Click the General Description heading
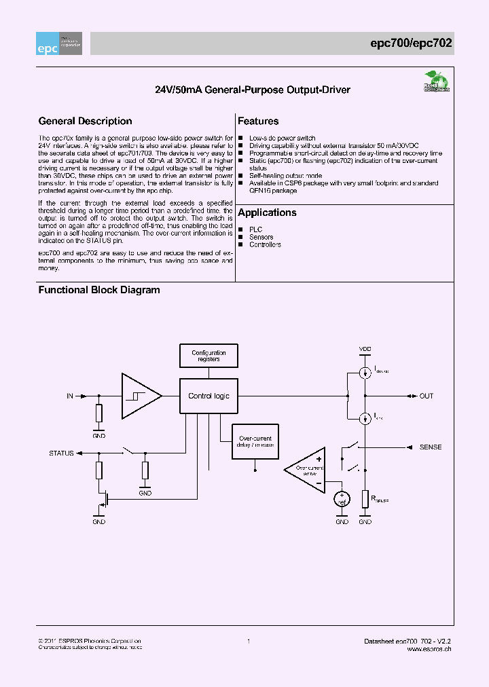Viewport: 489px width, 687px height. (85, 122)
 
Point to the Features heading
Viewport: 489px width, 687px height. (258, 122)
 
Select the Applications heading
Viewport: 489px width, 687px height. (267, 212)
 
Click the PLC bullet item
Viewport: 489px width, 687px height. (255, 229)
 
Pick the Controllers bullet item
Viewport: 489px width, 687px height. (265, 244)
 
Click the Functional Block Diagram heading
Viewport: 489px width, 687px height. (99, 290)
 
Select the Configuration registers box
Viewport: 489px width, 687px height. (209, 356)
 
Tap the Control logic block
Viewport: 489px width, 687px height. (209, 396)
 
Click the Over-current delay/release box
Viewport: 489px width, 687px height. (255, 442)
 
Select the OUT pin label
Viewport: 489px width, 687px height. (426, 396)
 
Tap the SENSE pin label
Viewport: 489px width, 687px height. (431, 447)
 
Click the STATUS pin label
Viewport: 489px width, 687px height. (61, 452)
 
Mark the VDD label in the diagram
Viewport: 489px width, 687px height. (365, 349)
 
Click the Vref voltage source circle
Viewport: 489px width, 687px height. (342, 499)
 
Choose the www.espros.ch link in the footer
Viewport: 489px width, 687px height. (429, 649)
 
